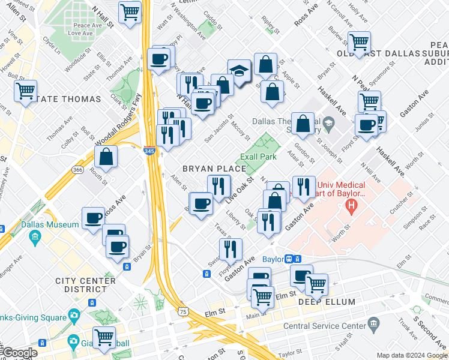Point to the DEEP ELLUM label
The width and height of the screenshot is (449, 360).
tap(327, 302)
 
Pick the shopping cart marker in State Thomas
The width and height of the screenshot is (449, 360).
tap(26, 91)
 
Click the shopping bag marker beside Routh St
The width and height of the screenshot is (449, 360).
tap(106, 157)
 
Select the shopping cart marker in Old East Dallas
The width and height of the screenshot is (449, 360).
tap(359, 43)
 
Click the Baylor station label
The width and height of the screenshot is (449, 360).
tap(274, 259)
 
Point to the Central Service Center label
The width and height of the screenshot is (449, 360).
tap(324, 326)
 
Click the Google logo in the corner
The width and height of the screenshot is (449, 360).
tap(19, 353)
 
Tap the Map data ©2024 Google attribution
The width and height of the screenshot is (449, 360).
tap(411, 355)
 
